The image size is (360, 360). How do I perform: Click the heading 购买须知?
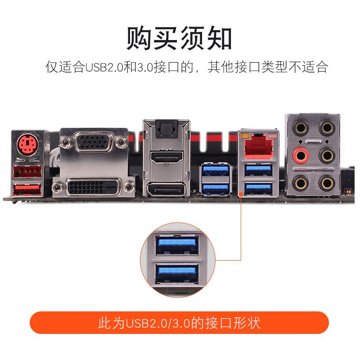pos(179,38)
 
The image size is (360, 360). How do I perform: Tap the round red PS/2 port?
pos(27,144)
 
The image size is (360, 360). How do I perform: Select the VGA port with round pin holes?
pos(94,142)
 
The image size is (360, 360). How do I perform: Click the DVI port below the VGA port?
pos(94,187)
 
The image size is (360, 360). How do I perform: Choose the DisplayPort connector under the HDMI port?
pos(166,189)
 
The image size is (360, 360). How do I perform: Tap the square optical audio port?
pos(166,130)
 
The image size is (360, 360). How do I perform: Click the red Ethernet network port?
pos(258,146)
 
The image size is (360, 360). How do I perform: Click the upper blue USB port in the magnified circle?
pos(177,245)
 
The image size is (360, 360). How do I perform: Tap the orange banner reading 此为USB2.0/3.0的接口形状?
pos(179,323)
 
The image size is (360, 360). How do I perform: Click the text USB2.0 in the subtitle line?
pos(104,67)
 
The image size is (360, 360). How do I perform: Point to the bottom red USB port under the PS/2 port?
pos(27,189)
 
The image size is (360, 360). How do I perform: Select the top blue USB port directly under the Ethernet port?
pos(258,170)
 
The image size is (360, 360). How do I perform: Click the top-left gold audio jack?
pos(301,128)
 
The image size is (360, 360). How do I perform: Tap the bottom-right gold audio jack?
pos(327,183)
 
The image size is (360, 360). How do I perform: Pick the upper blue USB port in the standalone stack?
pos(216,170)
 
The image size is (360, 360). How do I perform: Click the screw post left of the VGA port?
pos(65,142)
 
